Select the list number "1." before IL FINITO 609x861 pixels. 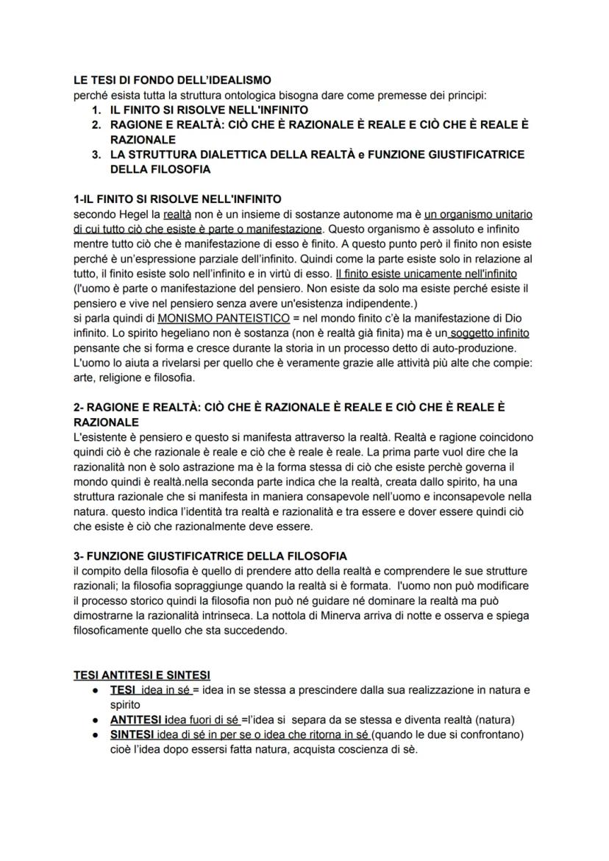point(96,110)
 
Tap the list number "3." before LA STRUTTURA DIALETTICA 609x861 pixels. point(96,155)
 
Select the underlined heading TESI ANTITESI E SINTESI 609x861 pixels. point(142,675)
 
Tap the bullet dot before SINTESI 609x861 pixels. point(96,734)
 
